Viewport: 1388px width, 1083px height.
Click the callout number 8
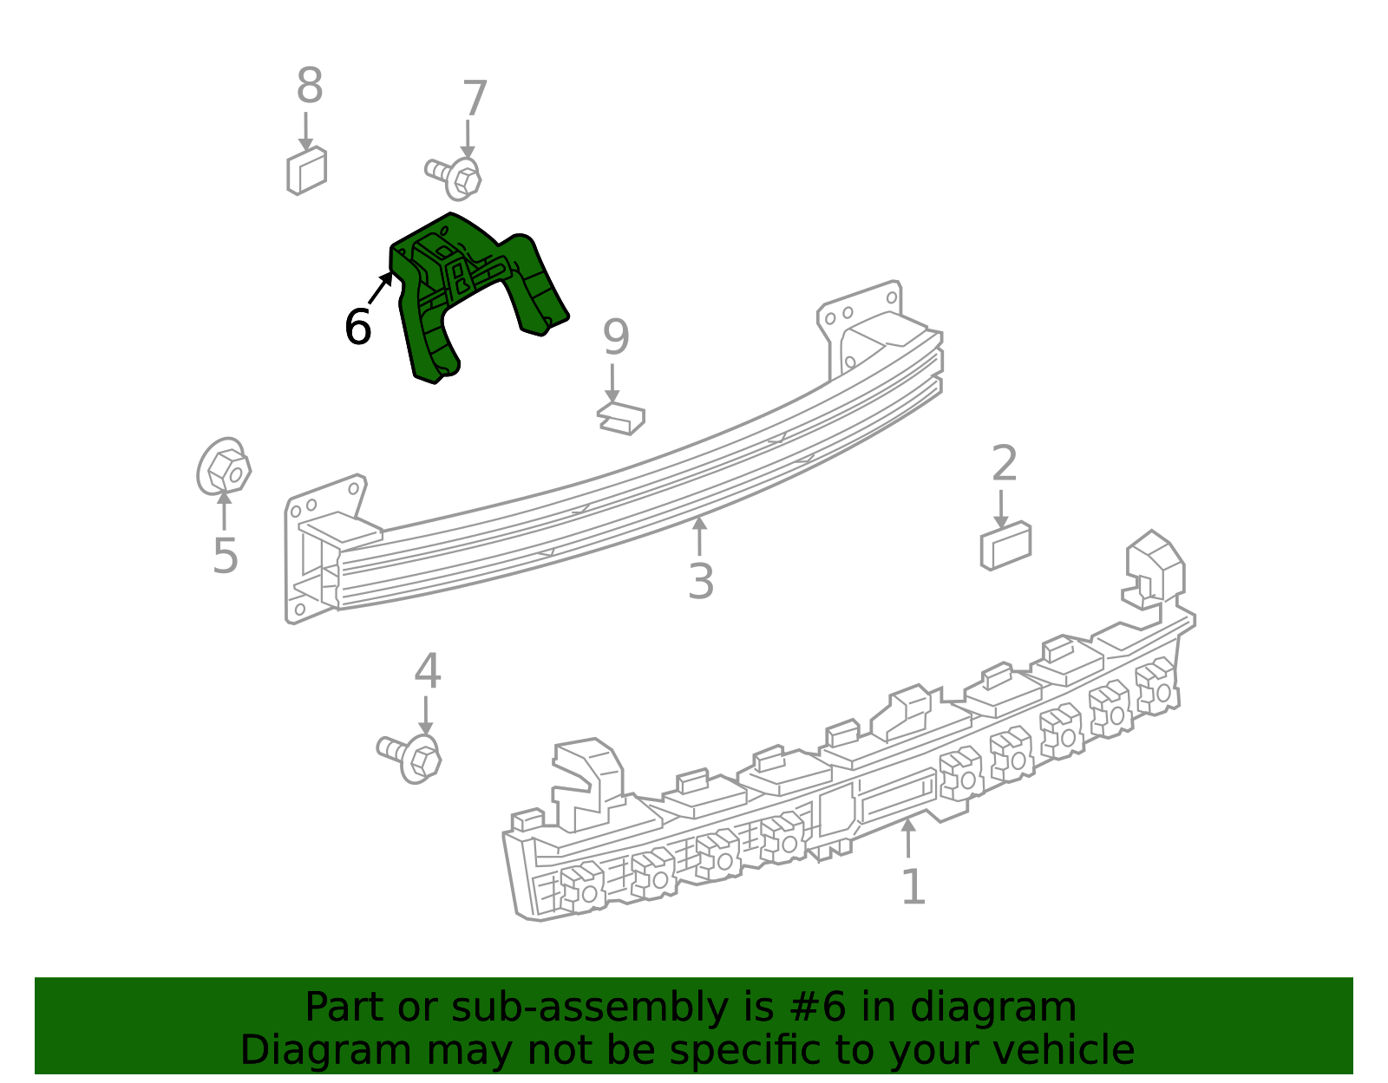(x=310, y=85)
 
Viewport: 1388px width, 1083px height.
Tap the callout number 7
(x=475, y=98)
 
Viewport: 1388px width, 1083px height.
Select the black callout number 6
(x=357, y=326)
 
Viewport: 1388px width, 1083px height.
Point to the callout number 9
(x=617, y=337)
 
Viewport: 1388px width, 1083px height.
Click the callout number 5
(x=226, y=556)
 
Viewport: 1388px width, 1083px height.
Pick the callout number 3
(x=701, y=582)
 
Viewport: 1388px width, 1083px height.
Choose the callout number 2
(x=1004, y=463)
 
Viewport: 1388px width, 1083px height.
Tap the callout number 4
(x=428, y=671)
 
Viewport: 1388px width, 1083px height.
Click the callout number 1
(x=913, y=886)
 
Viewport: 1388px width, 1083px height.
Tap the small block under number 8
(x=306, y=171)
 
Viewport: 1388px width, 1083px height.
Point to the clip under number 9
(x=621, y=419)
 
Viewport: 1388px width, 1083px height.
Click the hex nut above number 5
(x=224, y=466)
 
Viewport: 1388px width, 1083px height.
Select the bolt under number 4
(x=409, y=758)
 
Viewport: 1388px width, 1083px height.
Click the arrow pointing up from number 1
(x=908, y=838)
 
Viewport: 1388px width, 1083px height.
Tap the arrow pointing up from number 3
(x=699, y=536)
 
